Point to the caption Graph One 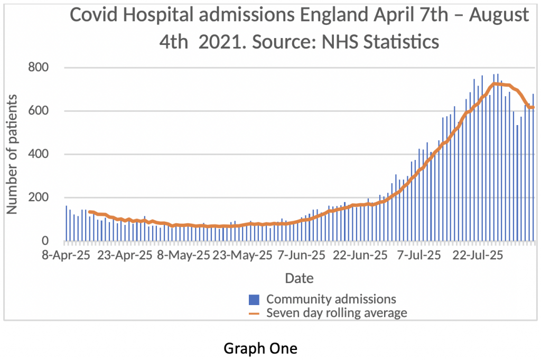tap(260, 349)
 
